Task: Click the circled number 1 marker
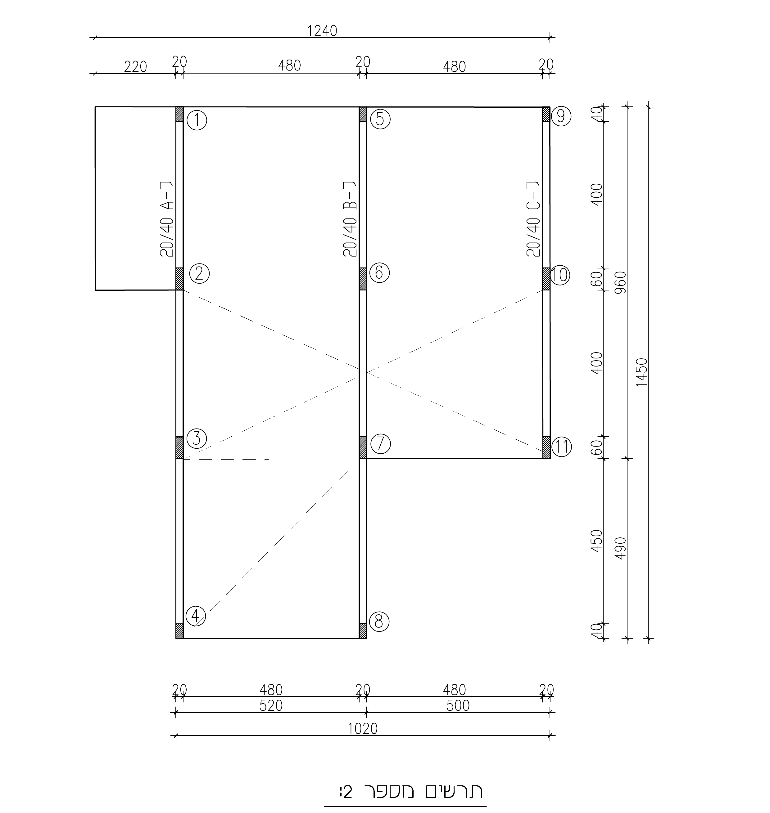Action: point(197,121)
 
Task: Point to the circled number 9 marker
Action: point(561,116)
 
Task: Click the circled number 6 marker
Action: point(379,273)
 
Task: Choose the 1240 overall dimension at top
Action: point(322,31)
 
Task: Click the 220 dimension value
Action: point(135,66)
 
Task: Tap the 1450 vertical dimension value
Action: point(641,372)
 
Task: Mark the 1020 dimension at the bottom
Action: point(363,729)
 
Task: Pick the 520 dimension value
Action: point(271,706)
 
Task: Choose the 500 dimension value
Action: point(458,706)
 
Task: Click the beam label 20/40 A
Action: point(167,219)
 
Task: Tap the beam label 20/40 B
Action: point(350,219)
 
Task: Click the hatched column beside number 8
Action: point(363,631)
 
